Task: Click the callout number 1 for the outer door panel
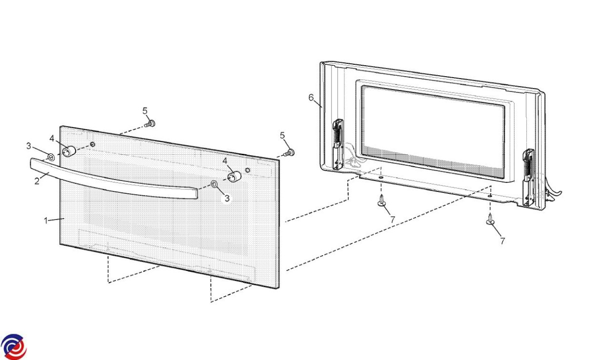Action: [x=46, y=221]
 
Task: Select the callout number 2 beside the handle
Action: [x=37, y=181]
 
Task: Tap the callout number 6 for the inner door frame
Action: [x=311, y=97]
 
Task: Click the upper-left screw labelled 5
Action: [x=150, y=124]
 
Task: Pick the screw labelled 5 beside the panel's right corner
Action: [x=289, y=153]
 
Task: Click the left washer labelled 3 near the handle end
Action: [x=51, y=157]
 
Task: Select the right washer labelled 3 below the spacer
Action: [x=214, y=183]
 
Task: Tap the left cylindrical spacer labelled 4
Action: [x=69, y=151]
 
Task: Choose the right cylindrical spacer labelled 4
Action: [x=235, y=177]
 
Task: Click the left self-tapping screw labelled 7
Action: [x=381, y=200]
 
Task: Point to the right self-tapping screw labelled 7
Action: [x=491, y=219]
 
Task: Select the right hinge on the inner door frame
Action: [x=528, y=177]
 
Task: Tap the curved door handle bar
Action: [x=114, y=181]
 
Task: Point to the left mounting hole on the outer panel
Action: [x=92, y=144]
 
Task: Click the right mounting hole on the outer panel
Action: [x=248, y=170]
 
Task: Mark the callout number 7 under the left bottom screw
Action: [x=392, y=220]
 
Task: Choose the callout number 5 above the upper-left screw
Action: [x=145, y=111]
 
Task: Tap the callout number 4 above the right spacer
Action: [x=225, y=161]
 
